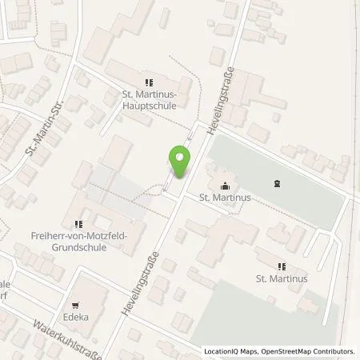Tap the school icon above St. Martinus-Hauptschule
point(147,82)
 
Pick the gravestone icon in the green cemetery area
point(276,184)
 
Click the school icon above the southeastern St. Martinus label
point(281,266)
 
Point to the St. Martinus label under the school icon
point(281,279)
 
